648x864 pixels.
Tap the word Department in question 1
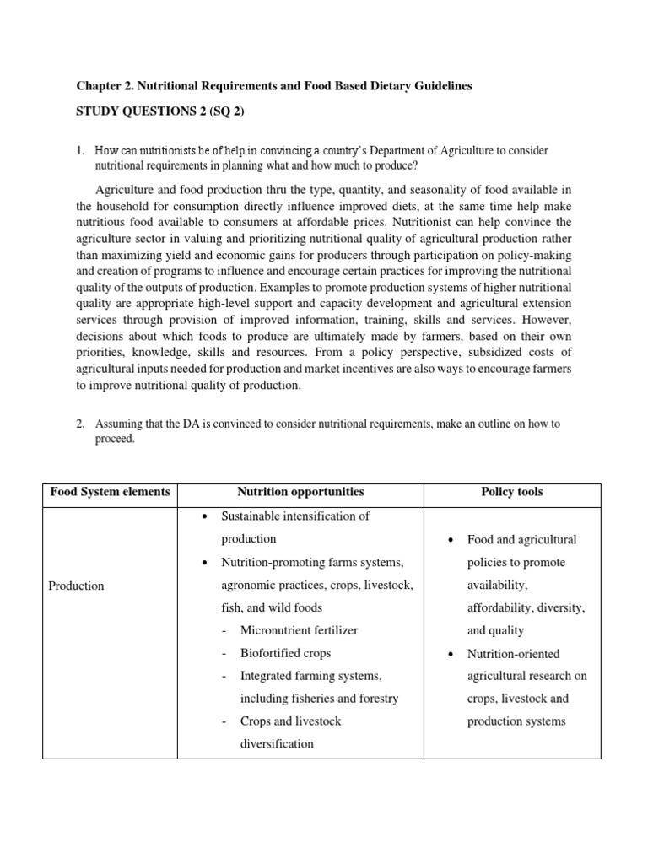(393, 151)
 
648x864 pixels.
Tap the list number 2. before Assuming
(80, 424)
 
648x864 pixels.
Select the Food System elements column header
(110, 492)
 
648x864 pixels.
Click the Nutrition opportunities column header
(300, 492)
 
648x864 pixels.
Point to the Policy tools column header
(513, 492)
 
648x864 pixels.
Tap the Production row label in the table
(76, 586)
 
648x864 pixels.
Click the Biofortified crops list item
(285, 653)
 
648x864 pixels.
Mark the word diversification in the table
(277, 744)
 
